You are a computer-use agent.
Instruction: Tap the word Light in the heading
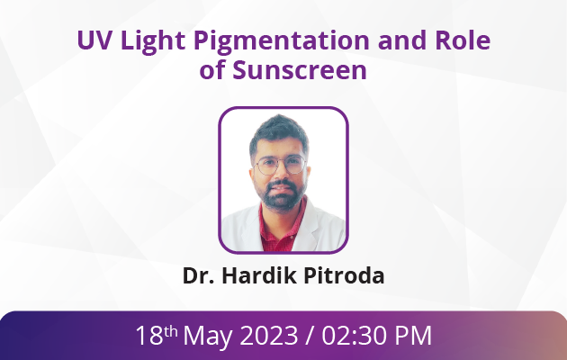(153, 41)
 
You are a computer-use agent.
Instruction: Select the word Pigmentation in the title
(282, 41)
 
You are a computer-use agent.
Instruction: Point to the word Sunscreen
(300, 69)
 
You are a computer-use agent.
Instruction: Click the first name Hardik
(259, 275)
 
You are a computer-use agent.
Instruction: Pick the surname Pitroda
(344, 275)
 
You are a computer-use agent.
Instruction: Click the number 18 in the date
(149, 336)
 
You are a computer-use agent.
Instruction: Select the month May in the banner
(208, 337)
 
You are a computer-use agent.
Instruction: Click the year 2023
(269, 336)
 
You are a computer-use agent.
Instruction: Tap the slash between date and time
(310, 336)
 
